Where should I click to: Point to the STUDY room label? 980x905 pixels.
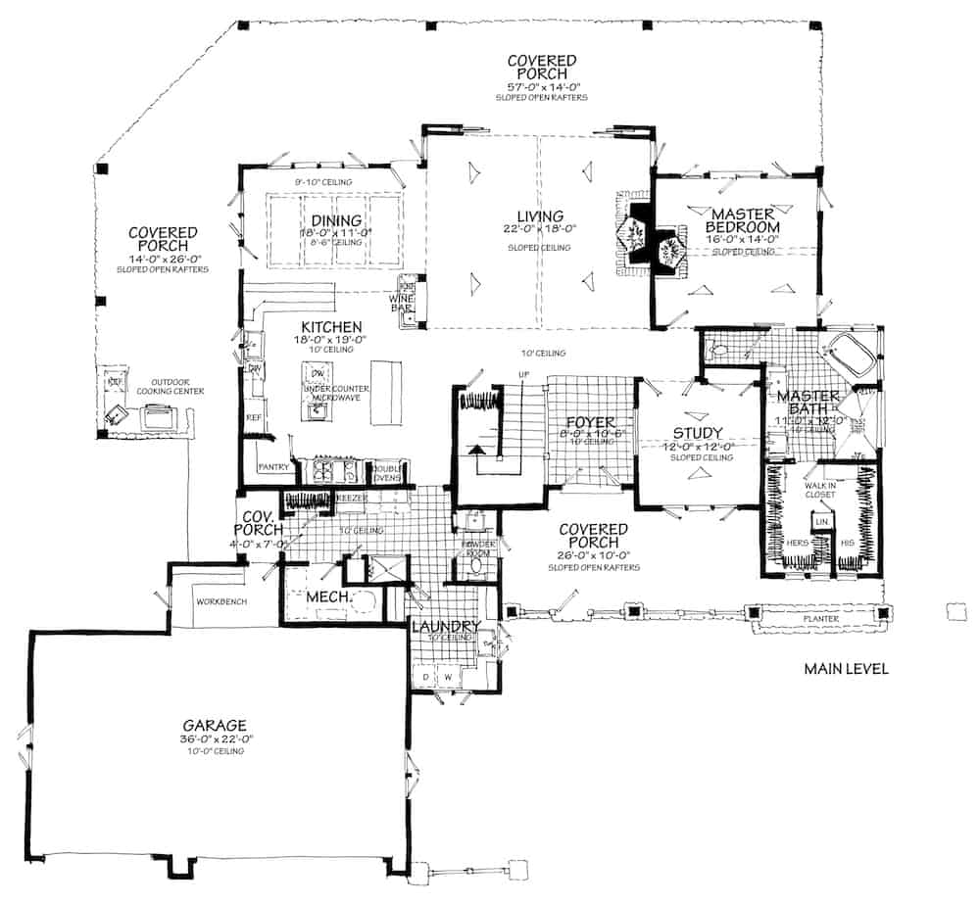coord(699,433)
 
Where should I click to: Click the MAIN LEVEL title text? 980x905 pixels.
coord(846,670)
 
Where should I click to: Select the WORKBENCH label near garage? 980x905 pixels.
coord(220,599)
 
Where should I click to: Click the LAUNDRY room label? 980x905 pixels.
coord(445,627)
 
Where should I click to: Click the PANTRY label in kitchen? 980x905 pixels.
coord(273,467)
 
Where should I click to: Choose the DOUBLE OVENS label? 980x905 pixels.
coord(386,472)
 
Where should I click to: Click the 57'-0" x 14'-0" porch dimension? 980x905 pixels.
coord(541,86)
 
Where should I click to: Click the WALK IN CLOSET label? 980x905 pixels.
coord(819,489)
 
